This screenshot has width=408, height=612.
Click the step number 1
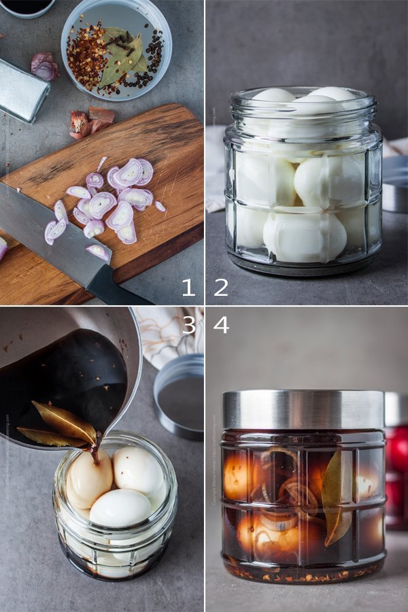(188, 287)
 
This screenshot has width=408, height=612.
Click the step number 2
(221, 287)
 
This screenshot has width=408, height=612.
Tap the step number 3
(188, 324)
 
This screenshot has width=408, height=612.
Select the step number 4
(221, 324)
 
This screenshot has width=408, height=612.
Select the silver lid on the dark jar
(303, 408)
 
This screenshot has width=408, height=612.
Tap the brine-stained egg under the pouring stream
(88, 479)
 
